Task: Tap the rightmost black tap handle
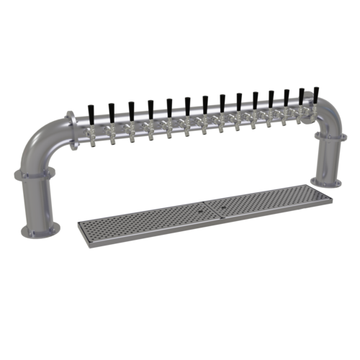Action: click(315, 94)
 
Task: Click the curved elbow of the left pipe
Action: click(43, 137)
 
